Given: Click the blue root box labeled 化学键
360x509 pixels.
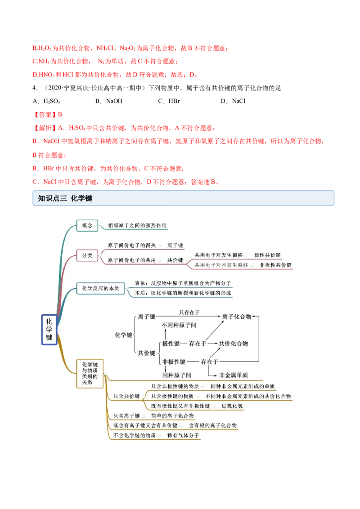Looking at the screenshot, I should click(49, 330).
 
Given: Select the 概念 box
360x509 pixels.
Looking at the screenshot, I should click(87, 225).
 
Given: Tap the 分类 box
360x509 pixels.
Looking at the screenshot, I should click(87, 255).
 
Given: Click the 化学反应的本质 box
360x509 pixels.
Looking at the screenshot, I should click(100, 288).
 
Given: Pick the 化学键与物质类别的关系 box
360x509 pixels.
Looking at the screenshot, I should click(90, 373).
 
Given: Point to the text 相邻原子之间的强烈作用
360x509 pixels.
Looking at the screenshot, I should click(134, 225).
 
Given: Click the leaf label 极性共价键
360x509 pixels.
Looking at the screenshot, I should click(267, 255).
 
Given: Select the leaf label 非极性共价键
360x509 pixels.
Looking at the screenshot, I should click(276, 265).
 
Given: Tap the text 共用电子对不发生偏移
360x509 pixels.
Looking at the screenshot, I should click(221, 265).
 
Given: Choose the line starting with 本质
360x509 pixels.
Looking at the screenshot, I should click(183, 293).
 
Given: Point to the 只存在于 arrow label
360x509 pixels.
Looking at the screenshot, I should click(189, 312).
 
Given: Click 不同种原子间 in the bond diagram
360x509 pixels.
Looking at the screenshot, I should click(179, 325).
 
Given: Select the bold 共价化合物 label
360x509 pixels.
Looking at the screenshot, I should click(233, 344).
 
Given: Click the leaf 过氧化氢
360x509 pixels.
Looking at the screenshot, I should click(232, 406).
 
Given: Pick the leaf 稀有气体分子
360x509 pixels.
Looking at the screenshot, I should click(183, 435).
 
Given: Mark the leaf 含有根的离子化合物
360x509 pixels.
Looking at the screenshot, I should click(212, 425).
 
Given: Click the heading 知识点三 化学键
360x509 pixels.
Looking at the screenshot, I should click(65, 198).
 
